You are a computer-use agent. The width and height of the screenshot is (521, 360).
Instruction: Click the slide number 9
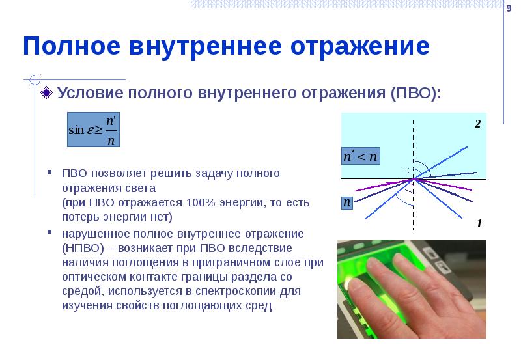click(x=508, y=7)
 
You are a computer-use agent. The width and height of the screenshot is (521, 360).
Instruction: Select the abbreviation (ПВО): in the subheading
click(x=415, y=93)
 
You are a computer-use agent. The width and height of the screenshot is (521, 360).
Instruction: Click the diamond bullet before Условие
click(x=47, y=93)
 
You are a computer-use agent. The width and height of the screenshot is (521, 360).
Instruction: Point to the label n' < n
click(x=360, y=156)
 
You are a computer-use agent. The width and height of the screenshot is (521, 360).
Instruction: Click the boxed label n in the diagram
click(x=348, y=202)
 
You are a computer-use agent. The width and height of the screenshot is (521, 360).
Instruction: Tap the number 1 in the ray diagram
click(x=479, y=223)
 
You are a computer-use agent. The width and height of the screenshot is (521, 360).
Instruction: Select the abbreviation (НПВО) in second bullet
click(x=84, y=248)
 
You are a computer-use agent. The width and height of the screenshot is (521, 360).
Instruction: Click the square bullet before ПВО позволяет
click(x=49, y=174)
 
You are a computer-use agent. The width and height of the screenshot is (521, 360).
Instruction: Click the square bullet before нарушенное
click(x=49, y=233)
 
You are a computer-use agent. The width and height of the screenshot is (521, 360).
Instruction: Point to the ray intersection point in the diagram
click(x=412, y=178)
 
